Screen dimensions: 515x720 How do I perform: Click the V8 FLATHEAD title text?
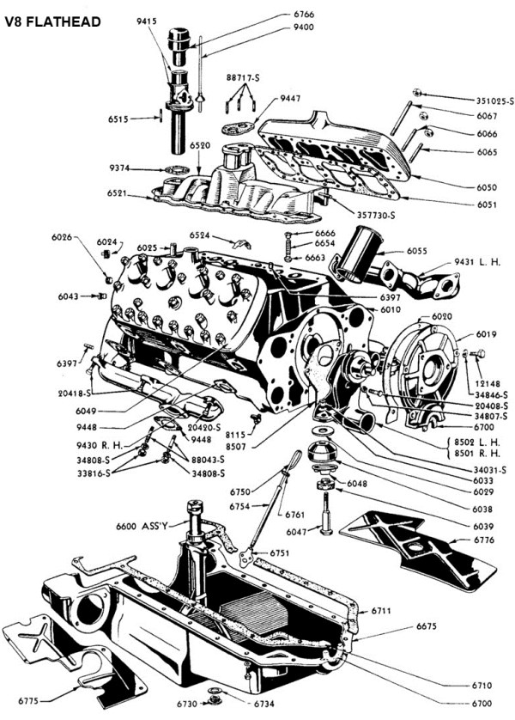tap(52, 21)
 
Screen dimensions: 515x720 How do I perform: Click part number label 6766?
tap(304, 15)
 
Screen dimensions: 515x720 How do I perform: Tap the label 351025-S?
tap(494, 101)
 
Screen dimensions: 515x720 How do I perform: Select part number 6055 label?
tap(416, 251)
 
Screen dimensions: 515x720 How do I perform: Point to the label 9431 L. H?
tap(477, 262)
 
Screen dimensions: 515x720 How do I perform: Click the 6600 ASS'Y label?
tap(142, 526)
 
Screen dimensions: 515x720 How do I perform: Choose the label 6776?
tap(484, 540)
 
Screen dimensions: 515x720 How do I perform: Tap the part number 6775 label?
tap(28, 701)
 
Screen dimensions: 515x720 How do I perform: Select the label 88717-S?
tap(242, 78)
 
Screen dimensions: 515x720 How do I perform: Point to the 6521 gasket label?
tap(118, 193)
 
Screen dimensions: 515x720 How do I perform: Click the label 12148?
tap(488, 384)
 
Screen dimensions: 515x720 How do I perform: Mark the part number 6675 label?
tap(427, 626)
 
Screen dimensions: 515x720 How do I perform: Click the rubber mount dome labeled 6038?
tap(324, 451)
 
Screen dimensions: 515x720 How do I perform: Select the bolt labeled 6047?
tap(325, 514)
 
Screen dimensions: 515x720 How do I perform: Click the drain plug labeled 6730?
tap(214, 700)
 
